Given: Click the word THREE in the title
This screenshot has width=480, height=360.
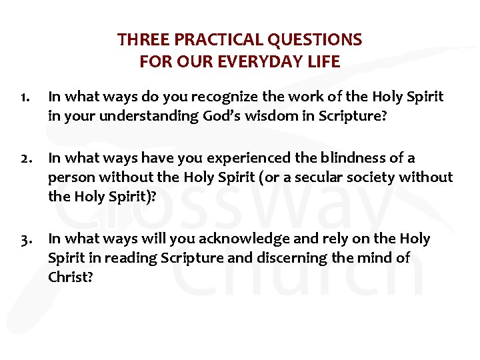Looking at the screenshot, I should (x=137, y=40).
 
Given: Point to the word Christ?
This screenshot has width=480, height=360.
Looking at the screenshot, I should (x=70, y=277).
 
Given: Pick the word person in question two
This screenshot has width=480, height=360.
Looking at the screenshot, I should (x=69, y=177).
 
